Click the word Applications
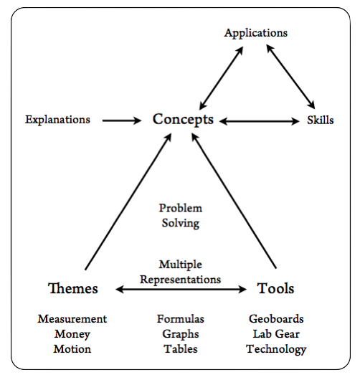[x=255, y=33]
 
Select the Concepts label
[x=183, y=119]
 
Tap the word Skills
[x=320, y=120]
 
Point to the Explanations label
[x=58, y=120]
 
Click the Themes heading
[x=72, y=289]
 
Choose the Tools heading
[x=275, y=289]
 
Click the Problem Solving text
[x=180, y=216]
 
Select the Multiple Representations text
[x=180, y=272]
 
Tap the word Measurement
[x=72, y=319]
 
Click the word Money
[x=72, y=334]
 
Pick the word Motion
[x=72, y=349]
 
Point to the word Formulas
[x=181, y=319]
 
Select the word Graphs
[x=181, y=334]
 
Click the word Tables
[x=181, y=349]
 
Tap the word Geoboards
[x=276, y=319]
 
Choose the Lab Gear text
[x=276, y=334]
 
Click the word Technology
[x=276, y=349]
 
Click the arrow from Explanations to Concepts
[x=122, y=120]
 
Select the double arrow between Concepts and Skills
[x=260, y=120]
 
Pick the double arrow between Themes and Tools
[x=181, y=290]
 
